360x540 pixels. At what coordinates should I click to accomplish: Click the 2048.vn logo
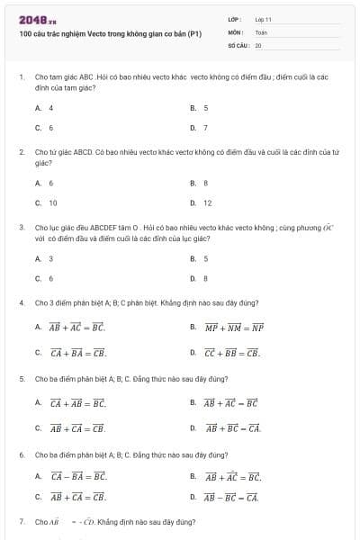38,19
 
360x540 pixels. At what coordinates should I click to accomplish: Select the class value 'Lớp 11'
263,19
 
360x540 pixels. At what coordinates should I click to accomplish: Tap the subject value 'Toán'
261,31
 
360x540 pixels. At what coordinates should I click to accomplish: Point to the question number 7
21,521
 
